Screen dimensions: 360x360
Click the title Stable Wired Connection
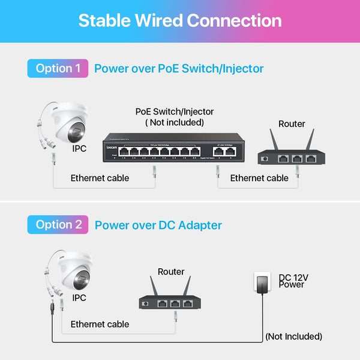[180, 20]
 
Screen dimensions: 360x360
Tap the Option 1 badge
[58, 68]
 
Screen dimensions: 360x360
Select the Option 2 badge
[58, 224]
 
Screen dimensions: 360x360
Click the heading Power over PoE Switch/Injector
[179, 68]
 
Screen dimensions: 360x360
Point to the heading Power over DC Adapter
[158, 225]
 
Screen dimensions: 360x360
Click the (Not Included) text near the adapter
[293, 337]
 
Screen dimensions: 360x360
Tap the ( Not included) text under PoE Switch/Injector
[175, 122]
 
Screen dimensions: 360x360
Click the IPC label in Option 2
[79, 298]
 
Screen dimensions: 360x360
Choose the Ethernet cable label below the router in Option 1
[259, 178]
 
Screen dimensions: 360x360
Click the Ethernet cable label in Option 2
[100, 324]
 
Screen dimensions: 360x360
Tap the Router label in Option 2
[171, 272]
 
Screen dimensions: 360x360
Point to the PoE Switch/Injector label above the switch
[175, 112]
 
